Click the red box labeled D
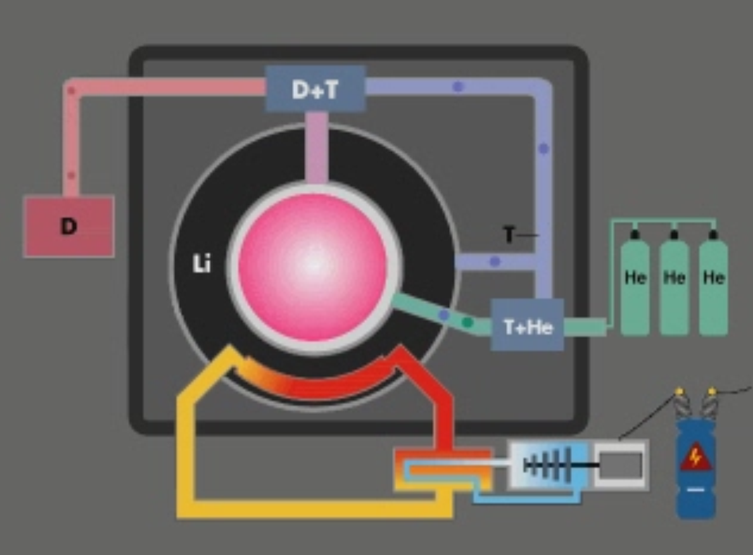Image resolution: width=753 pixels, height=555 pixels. [68, 226]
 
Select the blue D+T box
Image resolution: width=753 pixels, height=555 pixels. [315, 89]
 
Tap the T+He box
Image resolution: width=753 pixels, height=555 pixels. [528, 327]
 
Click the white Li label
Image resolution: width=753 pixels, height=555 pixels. [201, 264]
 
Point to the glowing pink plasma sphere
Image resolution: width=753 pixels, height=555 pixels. [313, 267]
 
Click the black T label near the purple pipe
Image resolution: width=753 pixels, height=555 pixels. [509, 235]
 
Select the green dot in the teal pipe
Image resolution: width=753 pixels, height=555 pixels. [468, 323]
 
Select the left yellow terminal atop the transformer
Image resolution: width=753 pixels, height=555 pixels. [679, 391]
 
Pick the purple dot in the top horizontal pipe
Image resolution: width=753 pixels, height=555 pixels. [458, 87]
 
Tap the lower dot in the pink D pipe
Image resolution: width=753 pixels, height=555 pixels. [71, 176]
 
